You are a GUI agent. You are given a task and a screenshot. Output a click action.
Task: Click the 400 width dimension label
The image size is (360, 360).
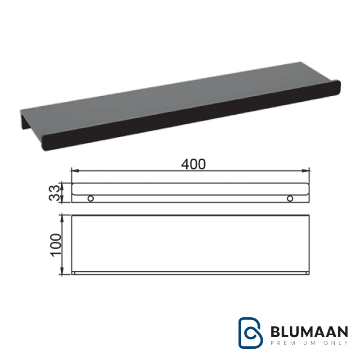tap(193, 164)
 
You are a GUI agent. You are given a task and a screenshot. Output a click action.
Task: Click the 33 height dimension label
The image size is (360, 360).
tap(54, 193)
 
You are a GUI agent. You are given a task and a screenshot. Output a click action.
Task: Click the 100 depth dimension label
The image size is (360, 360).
tap(56, 245)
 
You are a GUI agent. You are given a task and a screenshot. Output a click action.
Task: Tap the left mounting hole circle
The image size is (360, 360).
tap(91, 198)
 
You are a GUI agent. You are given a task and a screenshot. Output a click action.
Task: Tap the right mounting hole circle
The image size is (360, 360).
tap(290, 198)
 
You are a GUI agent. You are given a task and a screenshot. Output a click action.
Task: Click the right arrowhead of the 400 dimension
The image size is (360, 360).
tap(306, 171)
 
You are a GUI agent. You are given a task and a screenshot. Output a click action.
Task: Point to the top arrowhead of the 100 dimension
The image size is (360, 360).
tap(62, 219)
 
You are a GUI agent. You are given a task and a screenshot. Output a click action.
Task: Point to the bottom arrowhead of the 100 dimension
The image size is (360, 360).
tap(62, 270)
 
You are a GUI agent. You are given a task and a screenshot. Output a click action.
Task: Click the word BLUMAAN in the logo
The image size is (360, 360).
tap(309, 332)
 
